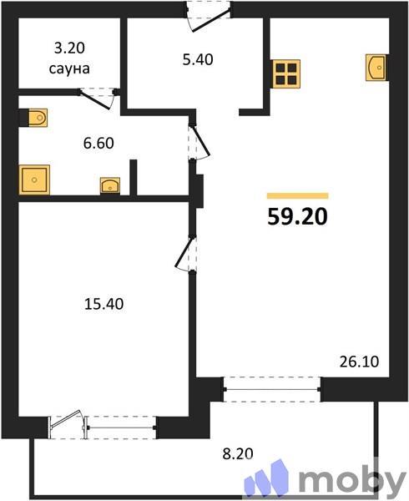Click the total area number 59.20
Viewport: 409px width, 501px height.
297,217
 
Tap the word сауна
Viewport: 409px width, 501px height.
70,68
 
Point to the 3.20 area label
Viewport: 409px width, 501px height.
70,49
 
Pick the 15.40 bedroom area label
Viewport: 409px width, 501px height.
104,304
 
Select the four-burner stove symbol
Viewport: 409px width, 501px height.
285,73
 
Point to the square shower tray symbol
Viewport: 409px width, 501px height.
34,178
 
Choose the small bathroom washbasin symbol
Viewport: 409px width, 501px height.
109,185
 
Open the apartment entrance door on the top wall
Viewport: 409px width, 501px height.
208,15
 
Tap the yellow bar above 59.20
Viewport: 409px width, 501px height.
297,195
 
